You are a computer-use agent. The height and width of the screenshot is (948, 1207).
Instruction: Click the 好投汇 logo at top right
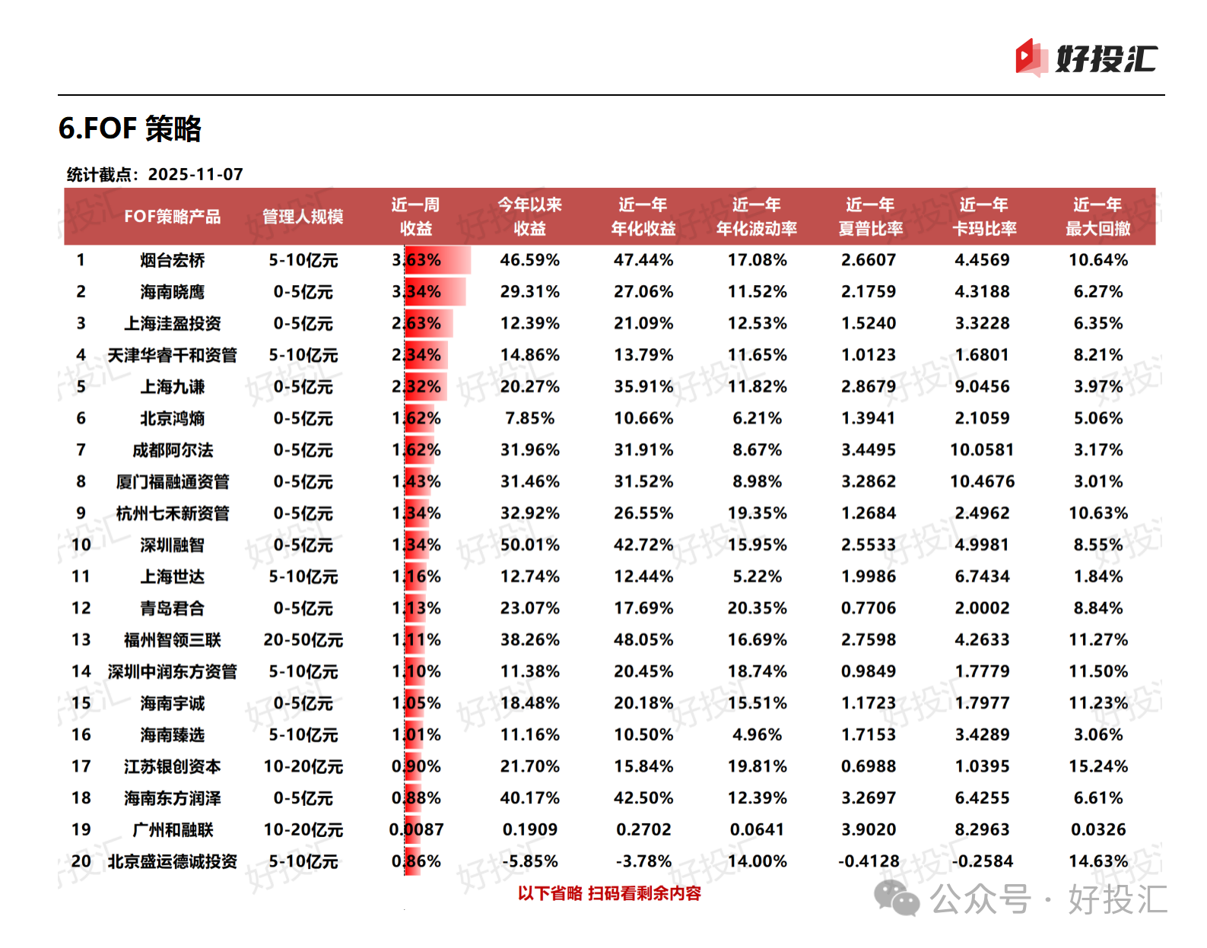coord(1086,59)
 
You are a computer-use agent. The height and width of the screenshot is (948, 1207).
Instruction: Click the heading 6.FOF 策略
coord(130,128)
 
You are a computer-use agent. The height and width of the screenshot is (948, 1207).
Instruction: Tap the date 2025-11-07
coord(195,174)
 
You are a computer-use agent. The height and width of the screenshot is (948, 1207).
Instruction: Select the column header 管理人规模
coord(303,217)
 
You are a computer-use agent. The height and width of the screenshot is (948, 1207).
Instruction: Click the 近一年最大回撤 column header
coord(1097,217)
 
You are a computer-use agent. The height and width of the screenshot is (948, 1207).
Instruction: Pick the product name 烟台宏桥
coord(173,260)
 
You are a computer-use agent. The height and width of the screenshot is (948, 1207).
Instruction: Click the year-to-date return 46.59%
coord(529,260)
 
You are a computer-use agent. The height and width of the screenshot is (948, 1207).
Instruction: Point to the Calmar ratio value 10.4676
coord(982,481)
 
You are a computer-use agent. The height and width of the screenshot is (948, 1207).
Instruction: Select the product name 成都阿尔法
coord(173,450)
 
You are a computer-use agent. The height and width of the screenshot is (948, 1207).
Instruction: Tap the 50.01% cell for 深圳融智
coord(529,545)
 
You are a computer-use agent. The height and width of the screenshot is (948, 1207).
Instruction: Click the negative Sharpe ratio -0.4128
coord(869,861)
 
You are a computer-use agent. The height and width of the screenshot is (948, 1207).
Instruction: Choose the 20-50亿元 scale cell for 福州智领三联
coord(303,640)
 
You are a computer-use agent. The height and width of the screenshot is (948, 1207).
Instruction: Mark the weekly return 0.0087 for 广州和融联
coord(416,829)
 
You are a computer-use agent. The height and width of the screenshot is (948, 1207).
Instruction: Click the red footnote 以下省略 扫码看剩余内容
coord(609,893)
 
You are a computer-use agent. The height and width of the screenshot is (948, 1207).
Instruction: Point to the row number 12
coord(81,608)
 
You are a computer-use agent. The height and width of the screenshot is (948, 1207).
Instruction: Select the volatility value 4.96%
coord(757,735)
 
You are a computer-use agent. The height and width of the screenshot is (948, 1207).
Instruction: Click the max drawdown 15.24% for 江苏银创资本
coord(1097,766)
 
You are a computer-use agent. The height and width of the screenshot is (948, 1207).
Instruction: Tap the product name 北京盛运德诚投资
coord(173,861)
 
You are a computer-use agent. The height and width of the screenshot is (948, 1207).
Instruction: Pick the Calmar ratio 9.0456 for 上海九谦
coord(982,387)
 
